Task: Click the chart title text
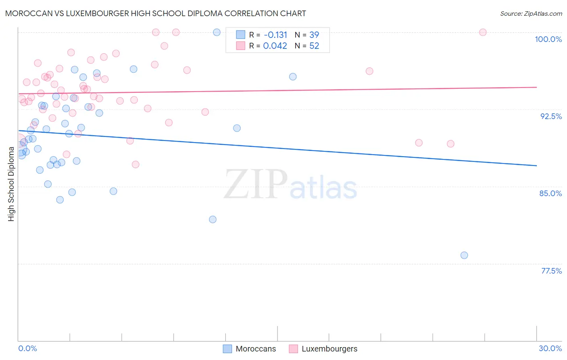(x=155, y=13)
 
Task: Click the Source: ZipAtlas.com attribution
(x=531, y=13)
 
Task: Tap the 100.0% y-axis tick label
(x=548, y=39)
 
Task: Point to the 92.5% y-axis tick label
(x=551, y=116)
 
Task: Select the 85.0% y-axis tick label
(x=550, y=193)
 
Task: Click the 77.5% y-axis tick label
(x=551, y=271)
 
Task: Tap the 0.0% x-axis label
(x=27, y=348)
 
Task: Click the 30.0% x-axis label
(x=550, y=348)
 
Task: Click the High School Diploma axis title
(x=11, y=184)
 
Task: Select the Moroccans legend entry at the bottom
(x=250, y=349)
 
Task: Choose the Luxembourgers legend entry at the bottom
(x=323, y=349)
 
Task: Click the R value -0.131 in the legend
(x=275, y=35)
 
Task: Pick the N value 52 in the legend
(x=314, y=46)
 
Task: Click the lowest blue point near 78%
(x=464, y=255)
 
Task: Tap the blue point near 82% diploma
(x=213, y=220)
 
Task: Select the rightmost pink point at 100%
(x=483, y=32)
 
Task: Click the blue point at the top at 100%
(x=217, y=32)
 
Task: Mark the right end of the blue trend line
(x=536, y=165)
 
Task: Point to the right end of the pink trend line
(x=536, y=87)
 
